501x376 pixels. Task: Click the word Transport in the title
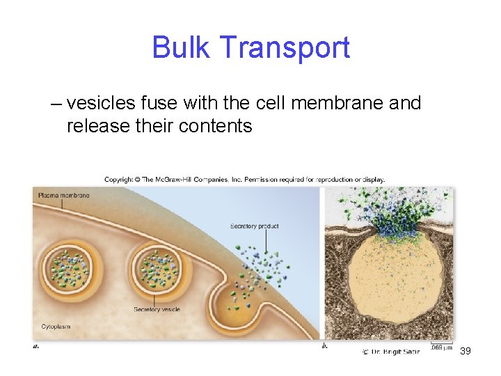[284, 48]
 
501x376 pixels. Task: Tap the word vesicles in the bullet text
[100, 103]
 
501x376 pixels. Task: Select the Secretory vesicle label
[157, 308]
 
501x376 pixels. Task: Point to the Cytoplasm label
[56, 326]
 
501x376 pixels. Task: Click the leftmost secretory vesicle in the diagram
[72, 271]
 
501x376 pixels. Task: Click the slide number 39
[466, 351]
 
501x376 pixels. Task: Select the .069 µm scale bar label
[441, 347]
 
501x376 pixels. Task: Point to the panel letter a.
[36, 345]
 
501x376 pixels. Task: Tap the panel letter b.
[325, 345]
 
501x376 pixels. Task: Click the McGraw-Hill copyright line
[245, 180]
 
